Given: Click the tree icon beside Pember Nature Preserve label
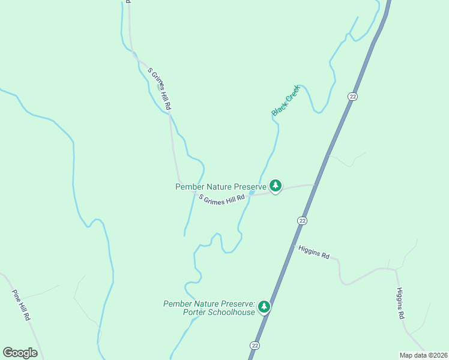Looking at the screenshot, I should pos(276,186).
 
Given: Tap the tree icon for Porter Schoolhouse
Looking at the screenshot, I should pos(264,307).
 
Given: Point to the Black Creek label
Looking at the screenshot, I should pos(285,100).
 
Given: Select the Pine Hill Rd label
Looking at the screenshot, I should pos(21,305).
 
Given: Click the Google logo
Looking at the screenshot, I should pos(20,353).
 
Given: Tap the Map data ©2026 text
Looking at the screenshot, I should pos(423,355).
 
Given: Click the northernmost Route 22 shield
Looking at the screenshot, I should pos(352,97).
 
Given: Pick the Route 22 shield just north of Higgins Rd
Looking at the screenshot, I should pos(302,221).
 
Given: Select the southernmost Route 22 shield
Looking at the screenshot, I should pos(255,346).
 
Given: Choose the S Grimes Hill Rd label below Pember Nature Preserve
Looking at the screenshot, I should pos(222,200).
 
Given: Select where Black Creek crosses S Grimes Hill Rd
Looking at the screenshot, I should pos(252,193).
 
